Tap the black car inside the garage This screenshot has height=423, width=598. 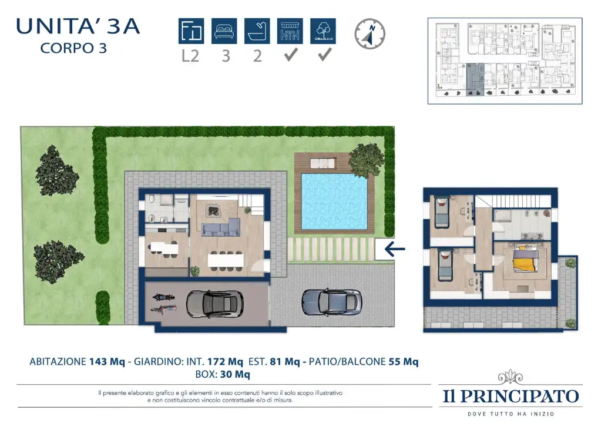click(x=215, y=303)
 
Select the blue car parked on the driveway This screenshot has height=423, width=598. click(x=331, y=302)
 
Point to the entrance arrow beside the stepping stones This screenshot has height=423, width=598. click(x=395, y=249)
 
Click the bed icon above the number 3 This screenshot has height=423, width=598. click(x=224, y=31)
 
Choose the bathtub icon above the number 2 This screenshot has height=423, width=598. click(x=257, y=31)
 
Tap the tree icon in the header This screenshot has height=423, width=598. click(x=323, y=31)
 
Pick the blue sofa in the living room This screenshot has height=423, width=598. click(x=220, y=227)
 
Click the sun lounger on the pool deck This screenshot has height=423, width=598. click(x=322, y=163)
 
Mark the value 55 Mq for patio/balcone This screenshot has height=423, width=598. click(x=404, y=362)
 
